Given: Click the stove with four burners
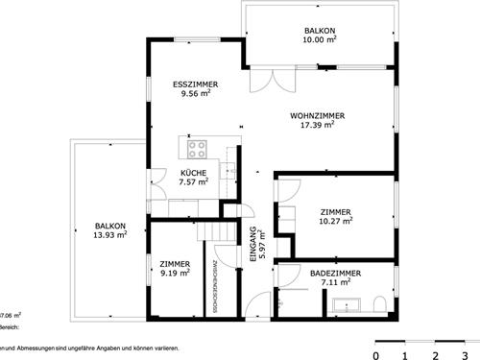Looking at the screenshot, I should [198, 149].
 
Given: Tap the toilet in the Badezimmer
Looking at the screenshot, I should [380, 305].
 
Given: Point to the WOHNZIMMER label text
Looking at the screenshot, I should [317, 115].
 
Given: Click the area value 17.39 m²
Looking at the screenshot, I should [317, 125].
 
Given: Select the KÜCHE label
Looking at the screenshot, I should [194, 172].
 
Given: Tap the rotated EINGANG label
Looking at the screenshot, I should [252, 242].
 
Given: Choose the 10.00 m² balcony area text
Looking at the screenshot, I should [321, 40].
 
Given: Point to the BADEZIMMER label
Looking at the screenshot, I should [335, 274].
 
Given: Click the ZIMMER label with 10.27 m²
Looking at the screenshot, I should [335, 211].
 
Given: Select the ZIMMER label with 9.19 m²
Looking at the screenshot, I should [175, 263].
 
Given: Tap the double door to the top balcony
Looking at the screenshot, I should [267, 81].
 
